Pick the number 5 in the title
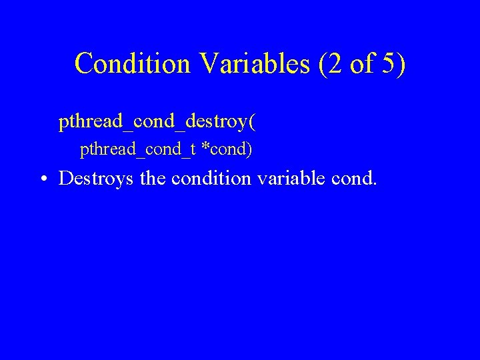tap(389, 63)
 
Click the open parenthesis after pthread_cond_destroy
tap(251, 123)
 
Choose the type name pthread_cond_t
tap(137, 150)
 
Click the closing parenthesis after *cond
tap(249, 150)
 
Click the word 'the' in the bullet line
tap(151, 178)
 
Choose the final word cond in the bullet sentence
tap(355, 178)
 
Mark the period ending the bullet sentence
tap(375, 184)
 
